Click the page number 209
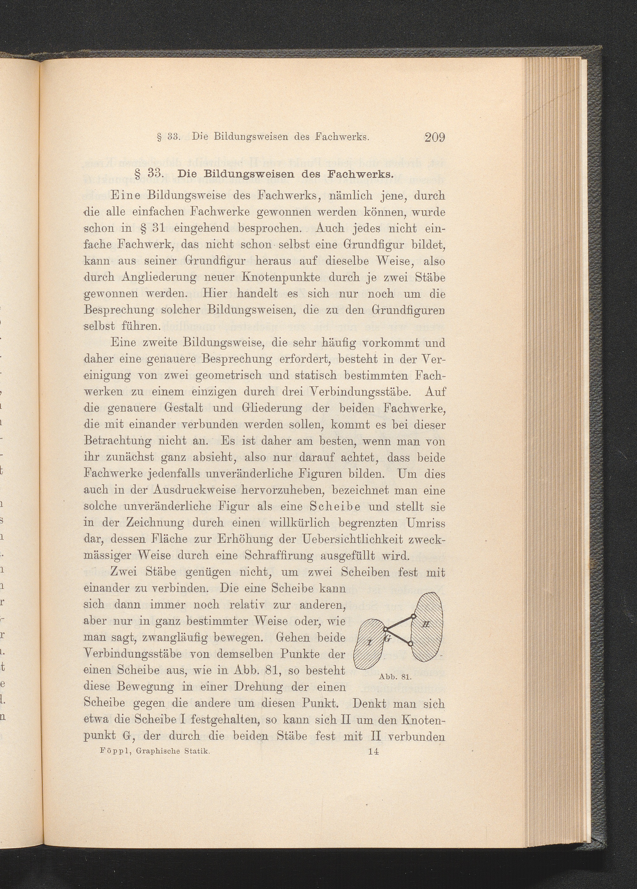tap(434, 138)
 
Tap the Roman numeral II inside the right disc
tap(426, 624)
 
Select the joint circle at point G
tap(385, 631)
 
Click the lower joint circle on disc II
tap(410, 644)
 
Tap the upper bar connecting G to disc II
tap(399, 623)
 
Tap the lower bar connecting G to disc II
tap(398, 637)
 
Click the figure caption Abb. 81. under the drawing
tap(394, 677)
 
